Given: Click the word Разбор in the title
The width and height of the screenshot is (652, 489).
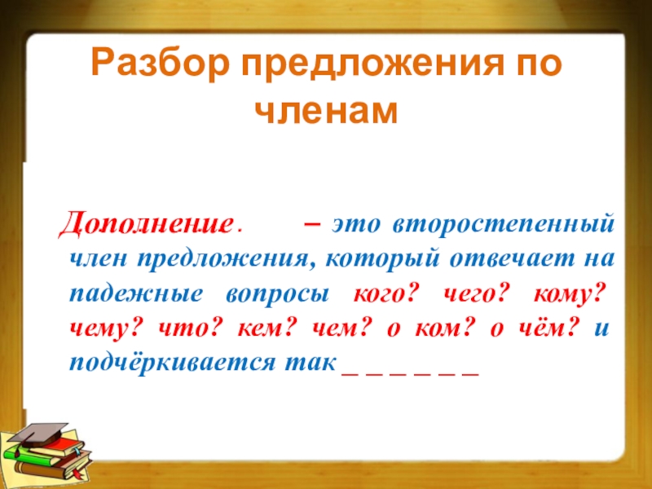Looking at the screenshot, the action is coord(160,63).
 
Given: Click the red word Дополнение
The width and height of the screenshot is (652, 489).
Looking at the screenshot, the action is coord(146,223).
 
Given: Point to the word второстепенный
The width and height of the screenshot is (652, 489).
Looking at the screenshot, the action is coord(504,224).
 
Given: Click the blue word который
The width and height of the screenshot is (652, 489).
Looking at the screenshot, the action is coord(381,259).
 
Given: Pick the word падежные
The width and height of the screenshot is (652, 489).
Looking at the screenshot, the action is coord(136,294).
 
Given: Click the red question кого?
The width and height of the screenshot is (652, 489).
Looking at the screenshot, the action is coord(385,294).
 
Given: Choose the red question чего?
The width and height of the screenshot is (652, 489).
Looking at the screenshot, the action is coord(475,294).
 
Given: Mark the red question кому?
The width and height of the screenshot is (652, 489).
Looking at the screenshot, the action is coord(568,294).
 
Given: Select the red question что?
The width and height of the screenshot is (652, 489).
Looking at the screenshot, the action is coord(189,328).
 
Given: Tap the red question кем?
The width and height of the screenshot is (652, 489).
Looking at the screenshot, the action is coord(268,328).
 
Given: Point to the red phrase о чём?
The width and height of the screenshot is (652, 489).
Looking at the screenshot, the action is coord(535,328).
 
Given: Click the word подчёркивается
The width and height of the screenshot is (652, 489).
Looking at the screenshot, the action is coord(172,363).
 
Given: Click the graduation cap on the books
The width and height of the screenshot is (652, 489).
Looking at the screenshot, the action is coord(38,434).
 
